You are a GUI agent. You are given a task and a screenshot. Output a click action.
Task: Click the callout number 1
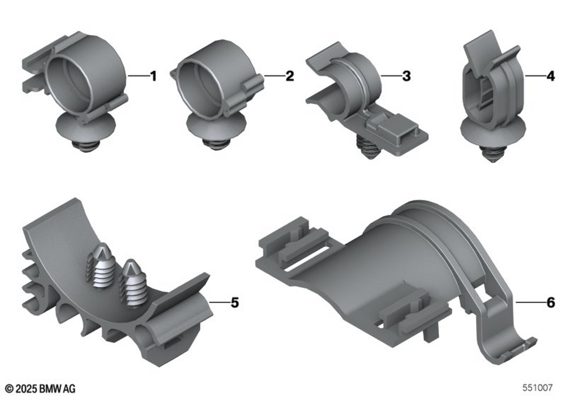153,76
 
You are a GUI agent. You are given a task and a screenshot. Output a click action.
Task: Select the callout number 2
290,76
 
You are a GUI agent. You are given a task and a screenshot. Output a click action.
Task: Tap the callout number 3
406,76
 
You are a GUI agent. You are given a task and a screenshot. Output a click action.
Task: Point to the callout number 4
551,76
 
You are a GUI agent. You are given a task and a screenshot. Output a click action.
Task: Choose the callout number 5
235,303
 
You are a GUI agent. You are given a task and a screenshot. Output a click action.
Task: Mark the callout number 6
551,303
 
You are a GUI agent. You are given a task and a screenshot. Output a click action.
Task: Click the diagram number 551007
538,388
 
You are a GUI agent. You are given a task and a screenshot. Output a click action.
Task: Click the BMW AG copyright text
41,389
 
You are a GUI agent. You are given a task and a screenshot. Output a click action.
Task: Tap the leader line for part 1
139,76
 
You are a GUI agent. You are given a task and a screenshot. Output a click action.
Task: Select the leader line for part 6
530,302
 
